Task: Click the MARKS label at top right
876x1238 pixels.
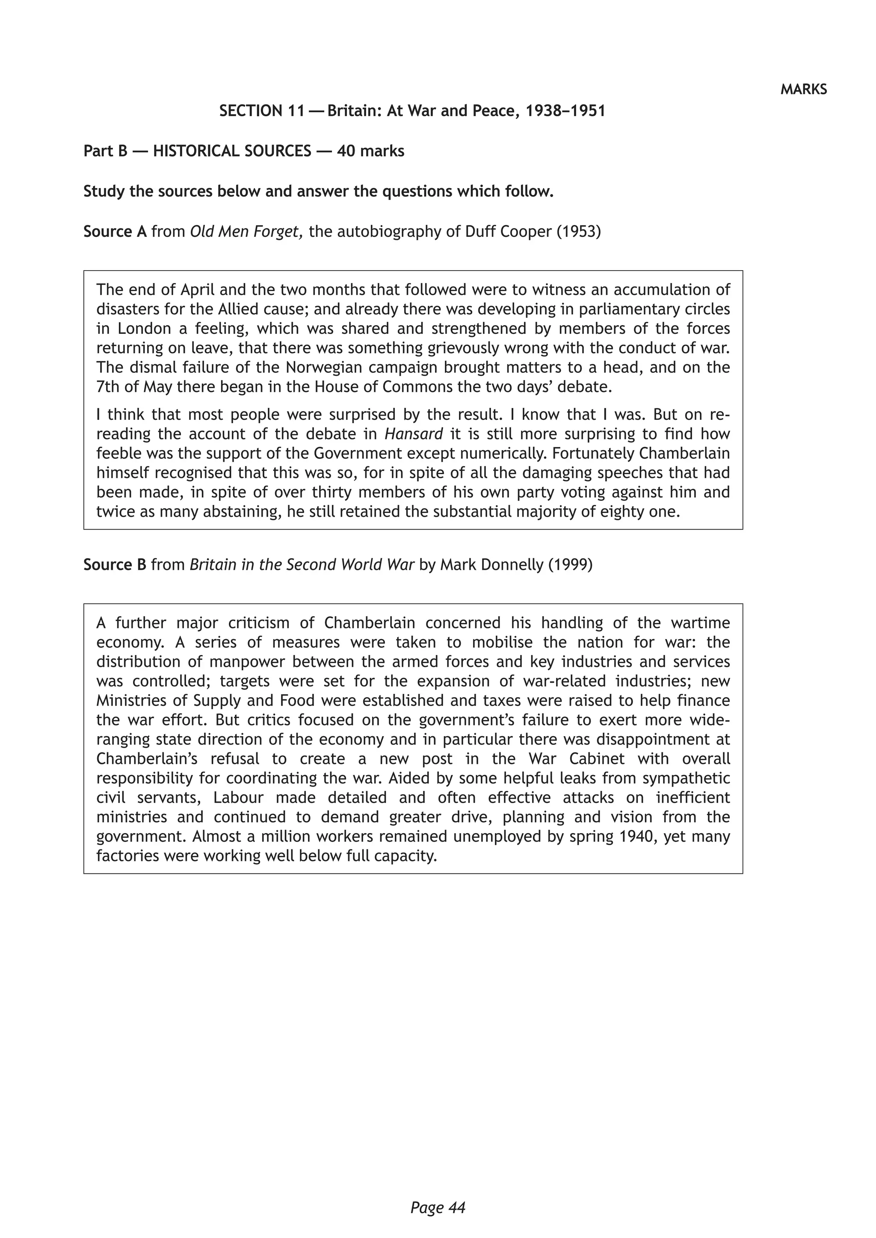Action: point(803,89)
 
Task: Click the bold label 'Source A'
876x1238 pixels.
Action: point(115,232)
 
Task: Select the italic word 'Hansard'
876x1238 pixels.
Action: point(414,434)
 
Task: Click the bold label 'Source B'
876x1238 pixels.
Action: point(115,565)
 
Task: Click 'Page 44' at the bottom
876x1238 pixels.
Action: point(438,1193)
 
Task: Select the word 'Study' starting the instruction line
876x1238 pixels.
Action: point(104,192)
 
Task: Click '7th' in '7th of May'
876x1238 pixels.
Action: point(108,387)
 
